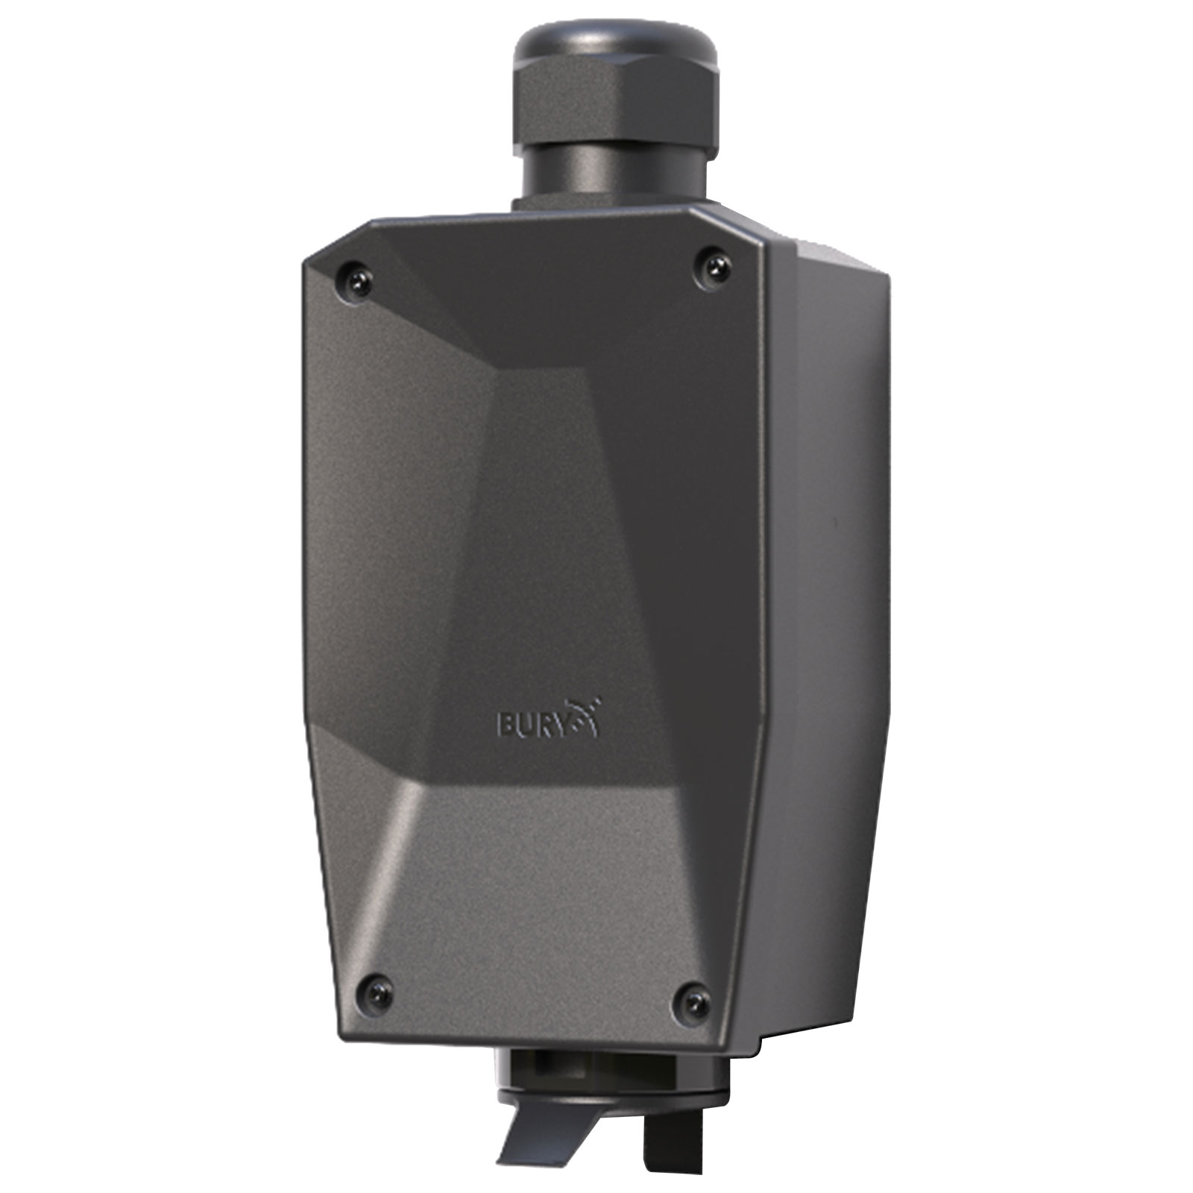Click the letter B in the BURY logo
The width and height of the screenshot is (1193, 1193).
pos(505,724)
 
